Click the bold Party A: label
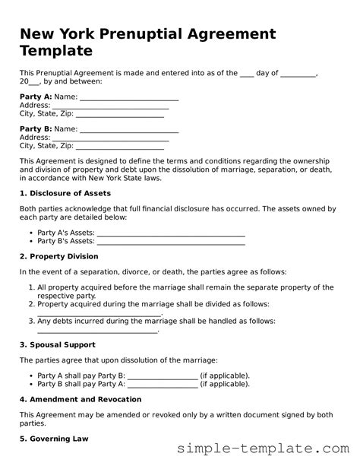[x=36, y=97]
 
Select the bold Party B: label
[x=36, y=129]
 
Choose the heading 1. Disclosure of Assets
[x=65, y=193]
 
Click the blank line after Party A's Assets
[x=171, y=233]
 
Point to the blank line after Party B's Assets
[x=171, y=241]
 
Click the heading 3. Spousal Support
[x=57, y=344]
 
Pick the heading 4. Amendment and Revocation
[x=81, y=399]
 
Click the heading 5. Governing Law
[x=54, y=439]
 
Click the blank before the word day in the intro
[x=247, y=73]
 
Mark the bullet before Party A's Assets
[x=30, y=233]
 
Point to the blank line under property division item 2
[x=99, y=312]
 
